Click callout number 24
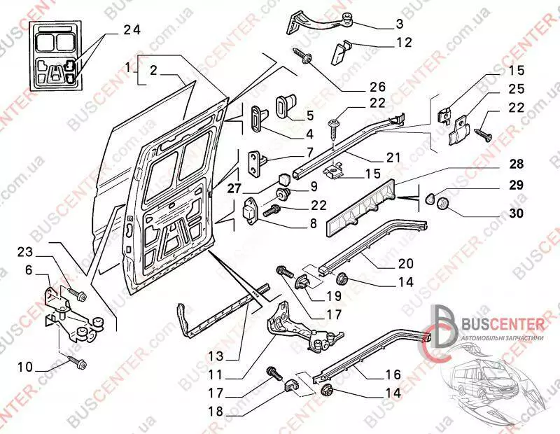pyautogui.click(x=132, y=29)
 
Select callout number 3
pyautogui.click(x=399, y=23)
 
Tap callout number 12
pyautogui.click(x=404, y=42)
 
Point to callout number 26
pyautogui.click(x=377, y=87)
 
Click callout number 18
pyautogui.click(x=216, y=412)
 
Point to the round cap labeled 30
pyautogui.click(x=442, y=204)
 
